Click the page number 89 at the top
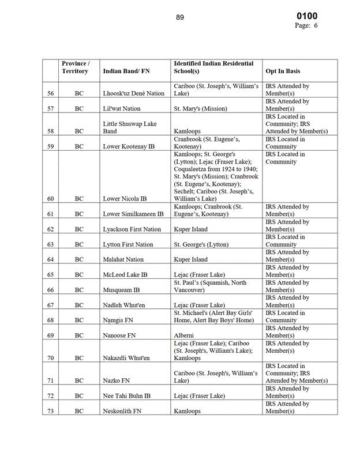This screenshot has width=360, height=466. [x=180, y=17]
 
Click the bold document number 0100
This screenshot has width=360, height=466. [x=306, y=16]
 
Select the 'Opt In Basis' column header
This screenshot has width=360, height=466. [x=283, y=71]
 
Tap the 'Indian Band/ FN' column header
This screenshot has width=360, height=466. [x=126, y=71]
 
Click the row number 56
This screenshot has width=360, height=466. [x=50, y=93]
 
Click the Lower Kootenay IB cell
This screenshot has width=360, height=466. [x=129, y=147]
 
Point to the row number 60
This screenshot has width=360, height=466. [x=50, y=199]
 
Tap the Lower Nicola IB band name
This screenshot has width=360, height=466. [x=125, y=199]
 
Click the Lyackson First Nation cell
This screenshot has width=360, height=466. [x=132, y=229]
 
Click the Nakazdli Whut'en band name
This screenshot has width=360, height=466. [x=126, y=358]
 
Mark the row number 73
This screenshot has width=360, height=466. [x=50, y=411]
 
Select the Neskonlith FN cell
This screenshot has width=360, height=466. [x=123, y=411]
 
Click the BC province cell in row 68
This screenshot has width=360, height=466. [x=79, y=320]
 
